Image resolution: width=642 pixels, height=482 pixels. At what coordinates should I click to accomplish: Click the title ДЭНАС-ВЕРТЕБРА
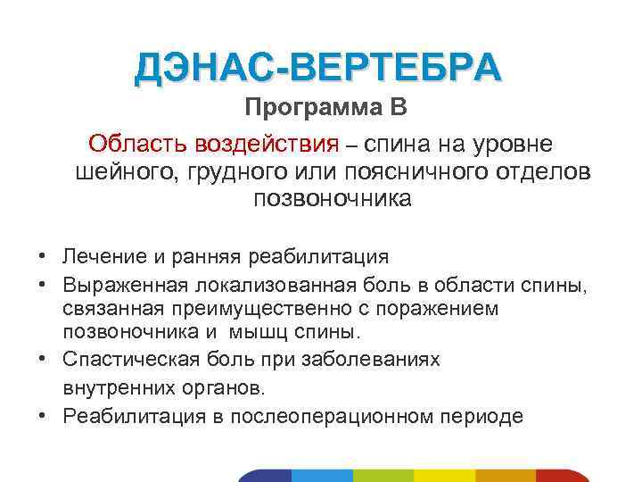(x=318, y=68)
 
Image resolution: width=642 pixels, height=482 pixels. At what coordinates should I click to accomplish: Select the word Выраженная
(x=124, y=286)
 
